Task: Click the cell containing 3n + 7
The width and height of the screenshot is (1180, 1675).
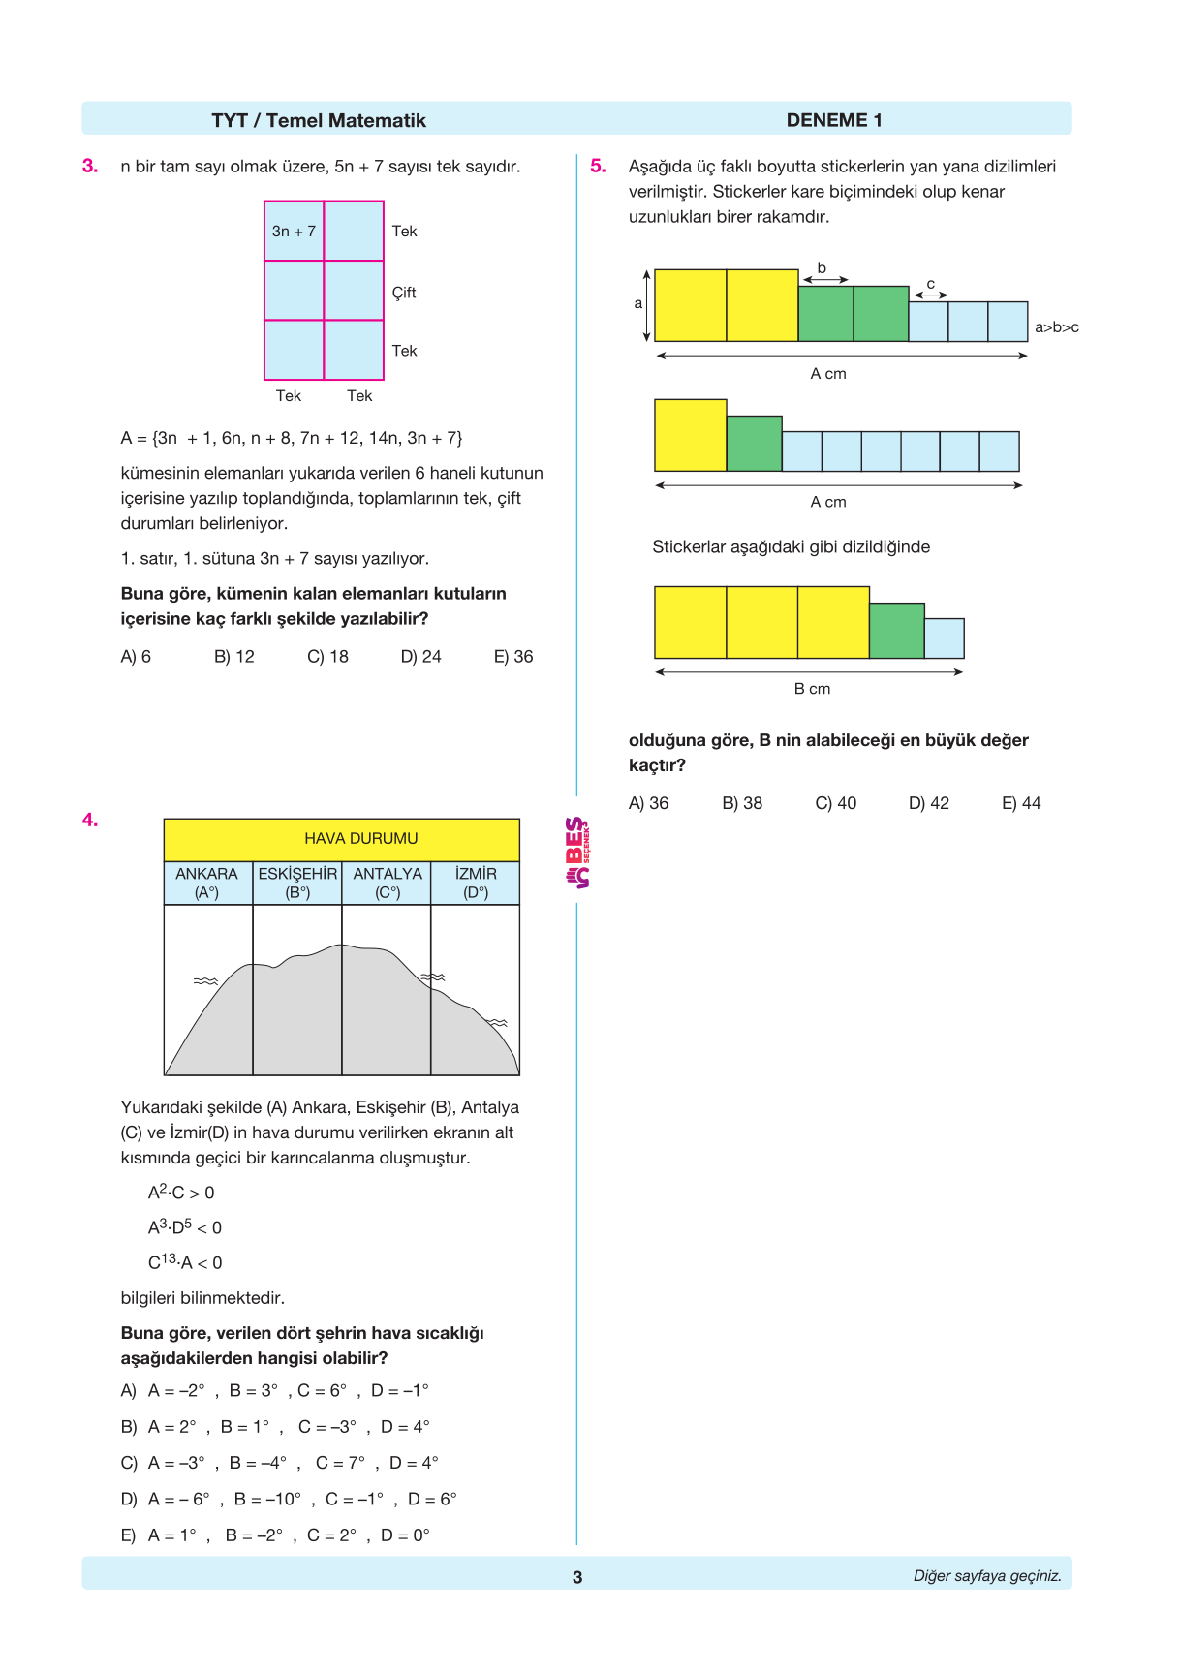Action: [294, 232]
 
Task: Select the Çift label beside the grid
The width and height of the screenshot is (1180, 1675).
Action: [404, 293]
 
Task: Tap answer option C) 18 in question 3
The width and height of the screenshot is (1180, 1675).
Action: [327, 657]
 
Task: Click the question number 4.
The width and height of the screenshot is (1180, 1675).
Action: [90, 821]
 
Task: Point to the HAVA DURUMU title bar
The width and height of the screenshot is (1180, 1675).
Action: [360, 839]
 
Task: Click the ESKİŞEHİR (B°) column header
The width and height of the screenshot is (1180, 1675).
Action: [297, 883]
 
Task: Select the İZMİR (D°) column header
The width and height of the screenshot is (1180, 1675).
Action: [476, 883]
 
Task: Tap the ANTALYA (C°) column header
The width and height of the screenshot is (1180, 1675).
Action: [388, 883]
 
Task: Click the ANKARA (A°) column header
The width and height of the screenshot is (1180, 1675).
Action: [206, 883]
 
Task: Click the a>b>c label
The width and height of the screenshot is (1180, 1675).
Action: [1056, 327]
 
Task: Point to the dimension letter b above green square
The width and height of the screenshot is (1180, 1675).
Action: [822, 268]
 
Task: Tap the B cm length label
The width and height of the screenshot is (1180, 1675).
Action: [812, 689]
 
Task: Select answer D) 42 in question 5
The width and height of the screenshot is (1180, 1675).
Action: [928, 803]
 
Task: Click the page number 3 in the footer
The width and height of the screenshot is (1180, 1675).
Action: [577, 1577]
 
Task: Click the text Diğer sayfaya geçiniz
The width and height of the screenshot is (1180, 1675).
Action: [986, 1576]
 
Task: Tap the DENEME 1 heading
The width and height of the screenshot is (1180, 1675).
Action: [833, 120]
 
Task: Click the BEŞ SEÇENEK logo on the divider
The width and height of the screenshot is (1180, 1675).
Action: [577, 853]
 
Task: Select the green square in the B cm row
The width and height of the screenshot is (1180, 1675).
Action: [896, 631]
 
